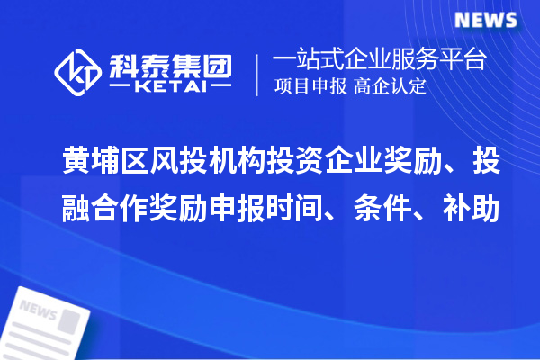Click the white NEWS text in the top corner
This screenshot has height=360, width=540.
[486, 20]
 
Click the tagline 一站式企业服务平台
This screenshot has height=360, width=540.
[380, 61]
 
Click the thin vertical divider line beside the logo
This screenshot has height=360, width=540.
[259, 74]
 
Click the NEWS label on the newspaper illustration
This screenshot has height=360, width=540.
[38, 311]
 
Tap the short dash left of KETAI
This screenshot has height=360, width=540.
[120, 88]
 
